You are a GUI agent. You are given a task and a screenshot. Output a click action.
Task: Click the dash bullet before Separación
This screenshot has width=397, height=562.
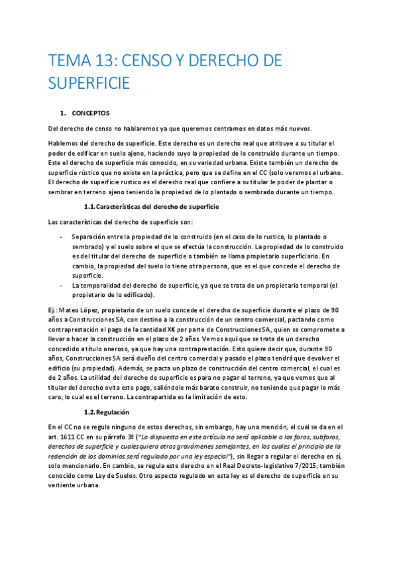(61, 237)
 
